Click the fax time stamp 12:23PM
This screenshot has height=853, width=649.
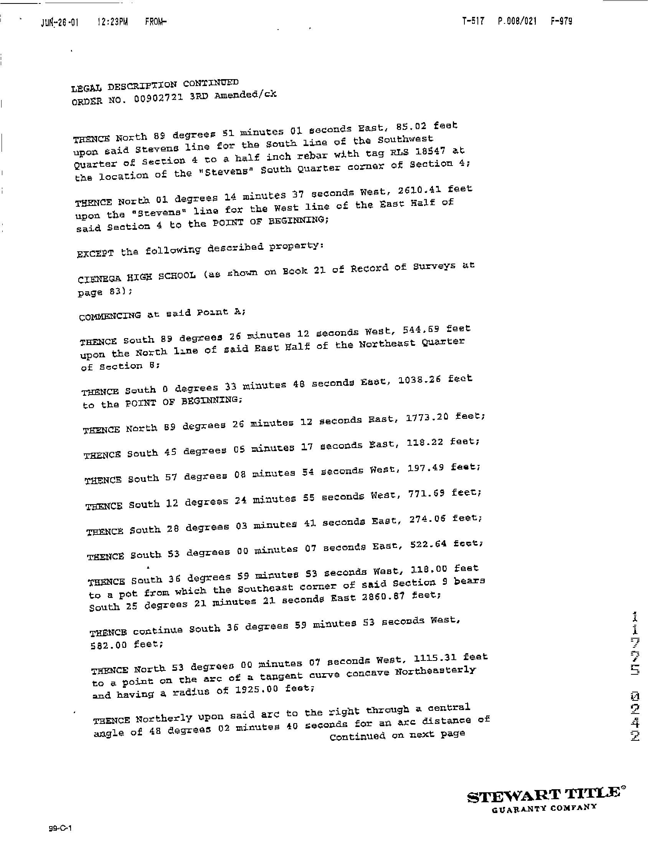112,22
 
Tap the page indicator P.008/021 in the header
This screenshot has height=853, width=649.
517,21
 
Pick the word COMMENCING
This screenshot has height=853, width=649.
110,316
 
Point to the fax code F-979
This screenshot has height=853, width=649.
561,21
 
